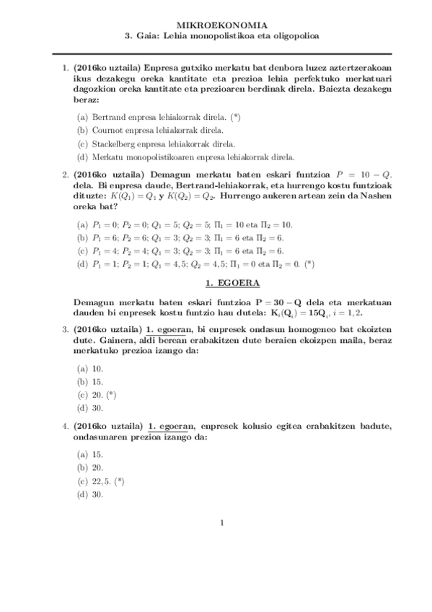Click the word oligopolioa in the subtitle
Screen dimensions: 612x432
click(294, 35)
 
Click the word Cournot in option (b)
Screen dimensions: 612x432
click(108, 130)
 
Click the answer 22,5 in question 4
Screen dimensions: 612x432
click(102, 481)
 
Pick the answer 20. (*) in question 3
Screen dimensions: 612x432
click(104, 395)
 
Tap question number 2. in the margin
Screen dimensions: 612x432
click(65, 175)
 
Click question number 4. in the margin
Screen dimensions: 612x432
click(65, 427)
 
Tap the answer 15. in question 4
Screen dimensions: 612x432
click(97, 455)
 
